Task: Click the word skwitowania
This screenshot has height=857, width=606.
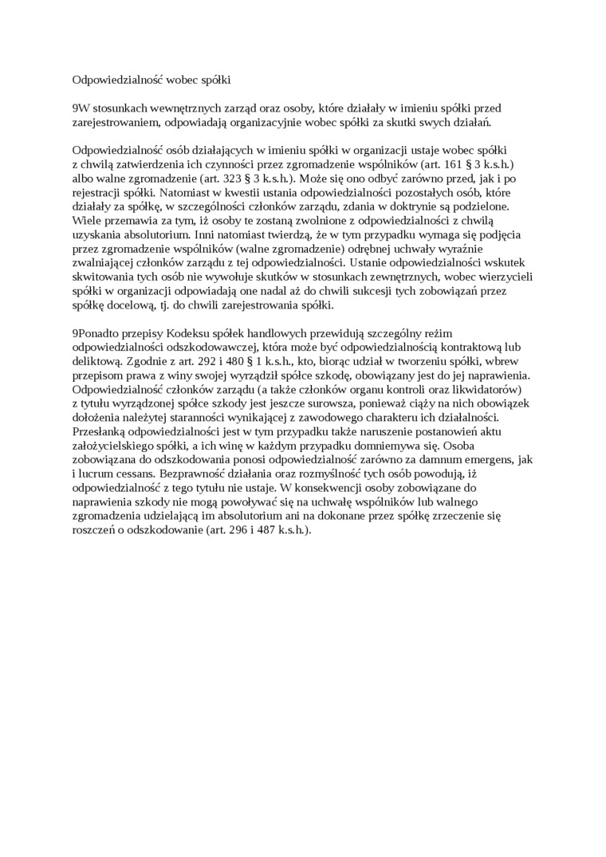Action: [103, 277]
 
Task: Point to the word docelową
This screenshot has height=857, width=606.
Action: [137, 305]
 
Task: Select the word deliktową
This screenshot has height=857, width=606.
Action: [100, 361]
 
